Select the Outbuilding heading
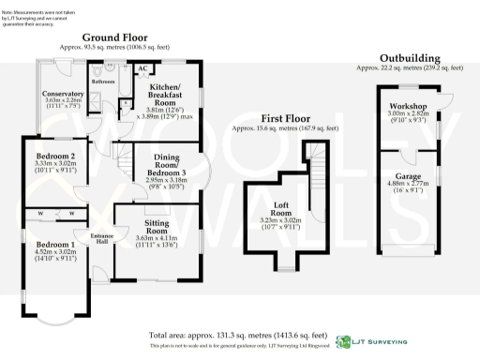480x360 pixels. point(408,58)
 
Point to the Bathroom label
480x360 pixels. point(103,82)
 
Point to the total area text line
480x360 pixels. point(238,335)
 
